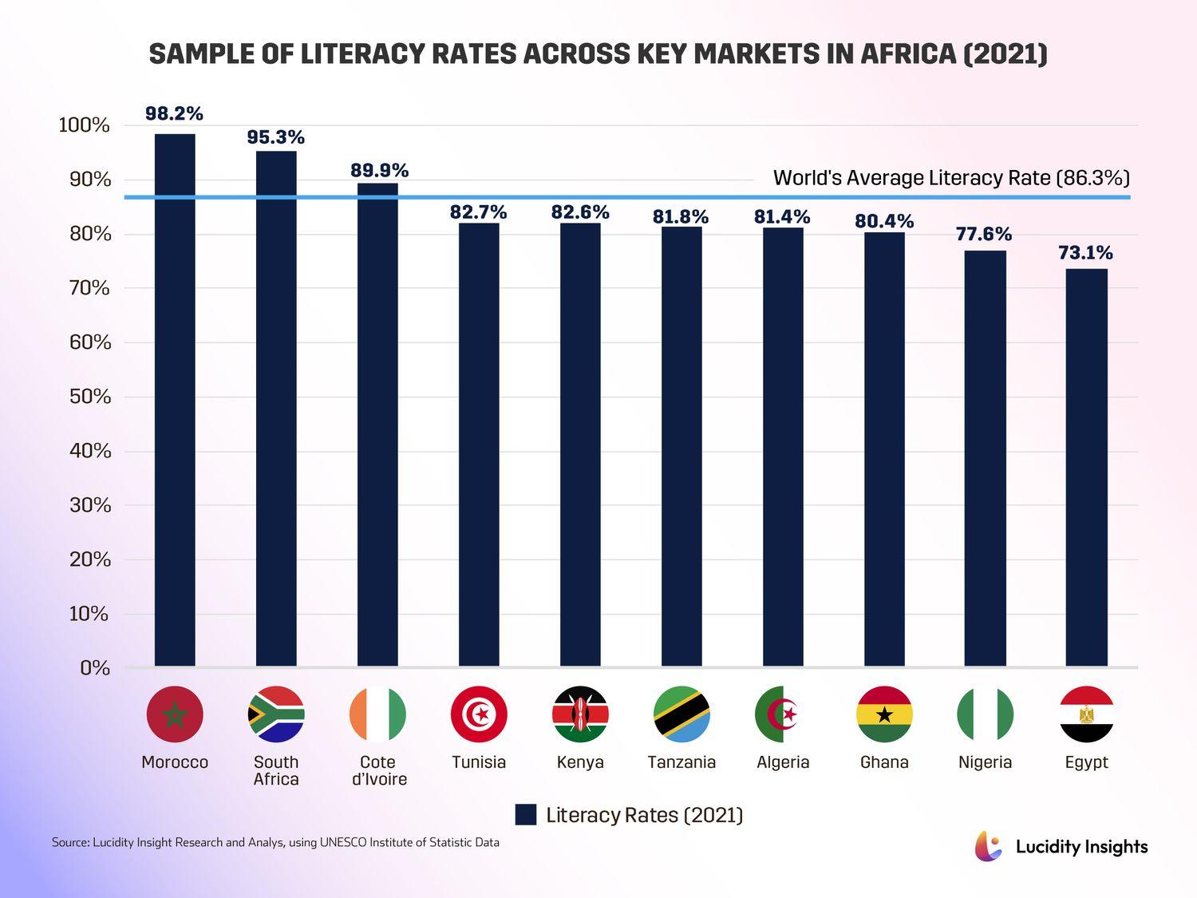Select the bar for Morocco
coord(175,399)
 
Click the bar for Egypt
coord(1086,467)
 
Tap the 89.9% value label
coord(379,171)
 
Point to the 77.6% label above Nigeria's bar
coord(984,235)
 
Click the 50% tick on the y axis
coord(84,397)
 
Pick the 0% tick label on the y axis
coord(94,668)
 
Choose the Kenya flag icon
coord(580,714)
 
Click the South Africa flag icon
coord(276,714)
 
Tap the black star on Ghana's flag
coord(884,714)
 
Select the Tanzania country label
coord(681,762)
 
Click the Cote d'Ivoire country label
coord(378,771)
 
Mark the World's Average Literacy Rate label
coord(951,178)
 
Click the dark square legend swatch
coord(526,815)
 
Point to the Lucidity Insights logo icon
coord(988,846)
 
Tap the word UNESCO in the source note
coord(342,842)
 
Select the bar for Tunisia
coord(479,445)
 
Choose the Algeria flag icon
coord(783,714)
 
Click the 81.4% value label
coord(782,217)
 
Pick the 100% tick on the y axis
coord(84,125)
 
